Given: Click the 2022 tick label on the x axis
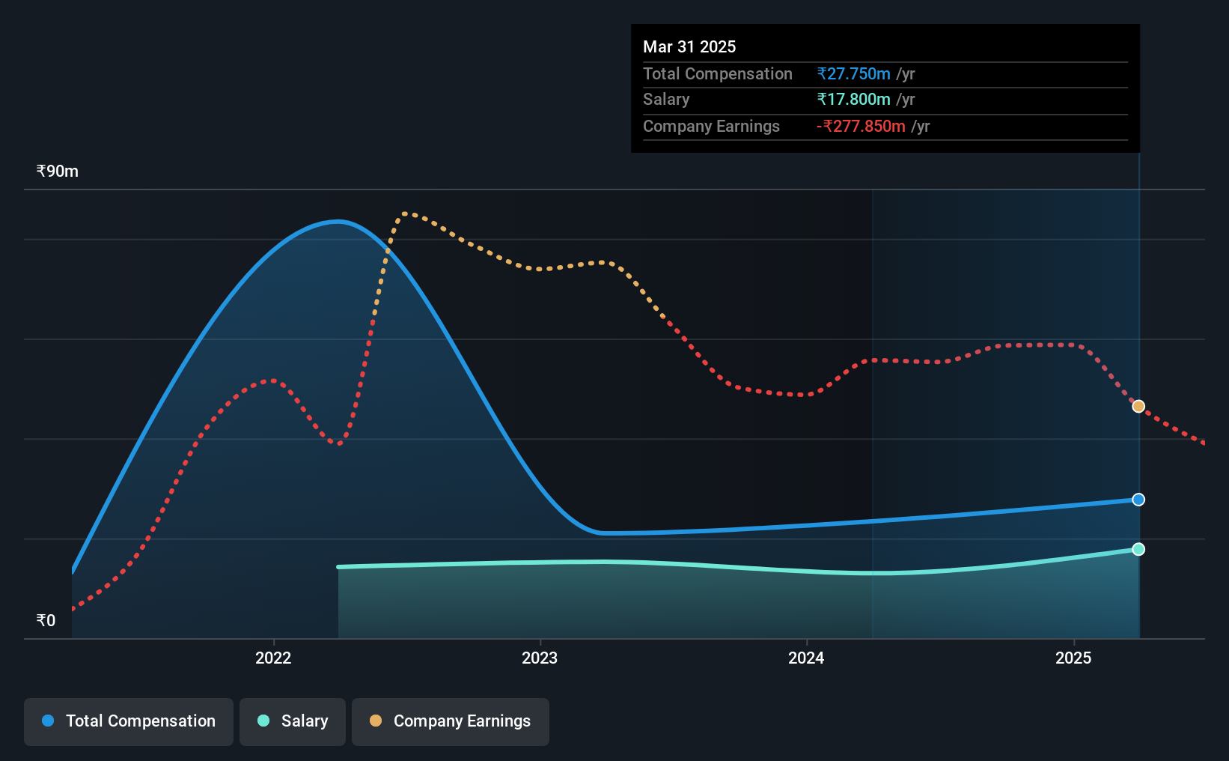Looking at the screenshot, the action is (273, 658).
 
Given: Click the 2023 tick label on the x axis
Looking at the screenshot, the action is (540, 658).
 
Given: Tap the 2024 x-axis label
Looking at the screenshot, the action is (807, 658).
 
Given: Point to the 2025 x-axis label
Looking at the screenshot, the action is (1074, 658).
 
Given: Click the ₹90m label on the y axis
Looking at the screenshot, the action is (58, 172).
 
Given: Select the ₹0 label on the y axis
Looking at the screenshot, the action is (46, 620).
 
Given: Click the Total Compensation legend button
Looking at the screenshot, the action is (129, 721).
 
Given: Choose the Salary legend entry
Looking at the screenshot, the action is (293, 721).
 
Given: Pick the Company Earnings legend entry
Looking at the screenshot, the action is (451, 721).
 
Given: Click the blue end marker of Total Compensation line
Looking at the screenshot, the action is (1138, 500).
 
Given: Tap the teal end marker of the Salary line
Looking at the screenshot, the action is (1138, 549).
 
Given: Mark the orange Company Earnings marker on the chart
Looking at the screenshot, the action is (1138, 406).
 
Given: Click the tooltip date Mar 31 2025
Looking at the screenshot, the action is (689, 46).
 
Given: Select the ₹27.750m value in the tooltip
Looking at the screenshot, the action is (854, 73).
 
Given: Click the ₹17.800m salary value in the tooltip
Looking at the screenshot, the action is (854, 100).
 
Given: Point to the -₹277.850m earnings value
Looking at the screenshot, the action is (861, 127).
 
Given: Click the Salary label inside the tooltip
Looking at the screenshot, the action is (666, 100).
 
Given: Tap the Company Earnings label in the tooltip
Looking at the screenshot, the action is (711, 127).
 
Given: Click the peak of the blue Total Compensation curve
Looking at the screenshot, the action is (338, 222).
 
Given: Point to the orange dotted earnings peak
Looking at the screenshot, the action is (405, 213).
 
